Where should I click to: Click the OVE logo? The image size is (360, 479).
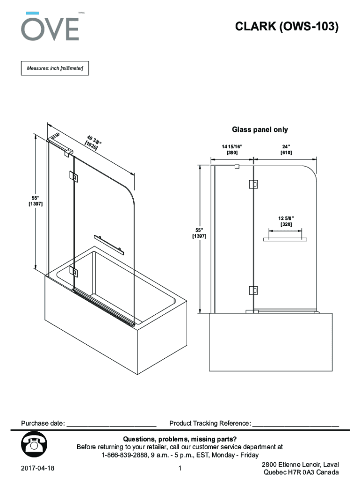pos(50,26)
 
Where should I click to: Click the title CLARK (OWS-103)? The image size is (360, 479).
pos(287,26)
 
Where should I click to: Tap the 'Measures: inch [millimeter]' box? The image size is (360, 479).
pos(55,68)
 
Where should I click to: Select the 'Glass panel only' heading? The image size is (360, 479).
pos(260,130)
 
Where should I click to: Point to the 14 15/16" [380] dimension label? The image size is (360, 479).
pos(232,150)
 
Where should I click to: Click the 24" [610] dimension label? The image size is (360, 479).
pos(286,150)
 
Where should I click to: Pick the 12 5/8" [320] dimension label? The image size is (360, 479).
pos(286,221)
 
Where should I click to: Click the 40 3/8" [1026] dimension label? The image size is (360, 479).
pos(93,143)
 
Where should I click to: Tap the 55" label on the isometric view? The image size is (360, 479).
pos(36,201)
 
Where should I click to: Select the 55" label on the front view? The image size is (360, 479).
pos(199,233)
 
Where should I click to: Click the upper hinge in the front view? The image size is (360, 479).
pos(253,184)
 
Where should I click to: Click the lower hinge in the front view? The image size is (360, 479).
pos(253,290)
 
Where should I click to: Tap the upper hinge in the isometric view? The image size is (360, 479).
pos(73,176)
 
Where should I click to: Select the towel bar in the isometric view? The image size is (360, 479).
pos(109,245)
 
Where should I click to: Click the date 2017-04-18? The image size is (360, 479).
pos(37,468)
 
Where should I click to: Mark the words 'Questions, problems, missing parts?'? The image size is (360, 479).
pos(180,439)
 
